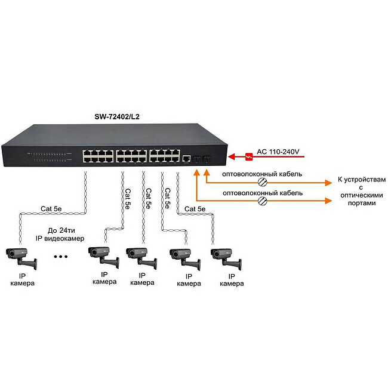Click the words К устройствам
pos(358,180)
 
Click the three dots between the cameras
pos(61,257)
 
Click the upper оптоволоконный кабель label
pos(261,174)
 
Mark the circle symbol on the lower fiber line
pos(262,202)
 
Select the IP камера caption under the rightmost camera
pos(232,280)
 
